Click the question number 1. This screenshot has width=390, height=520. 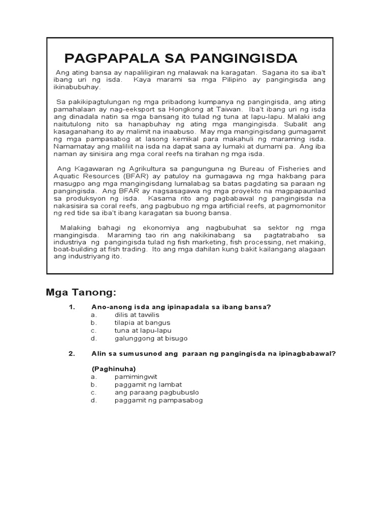72,307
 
